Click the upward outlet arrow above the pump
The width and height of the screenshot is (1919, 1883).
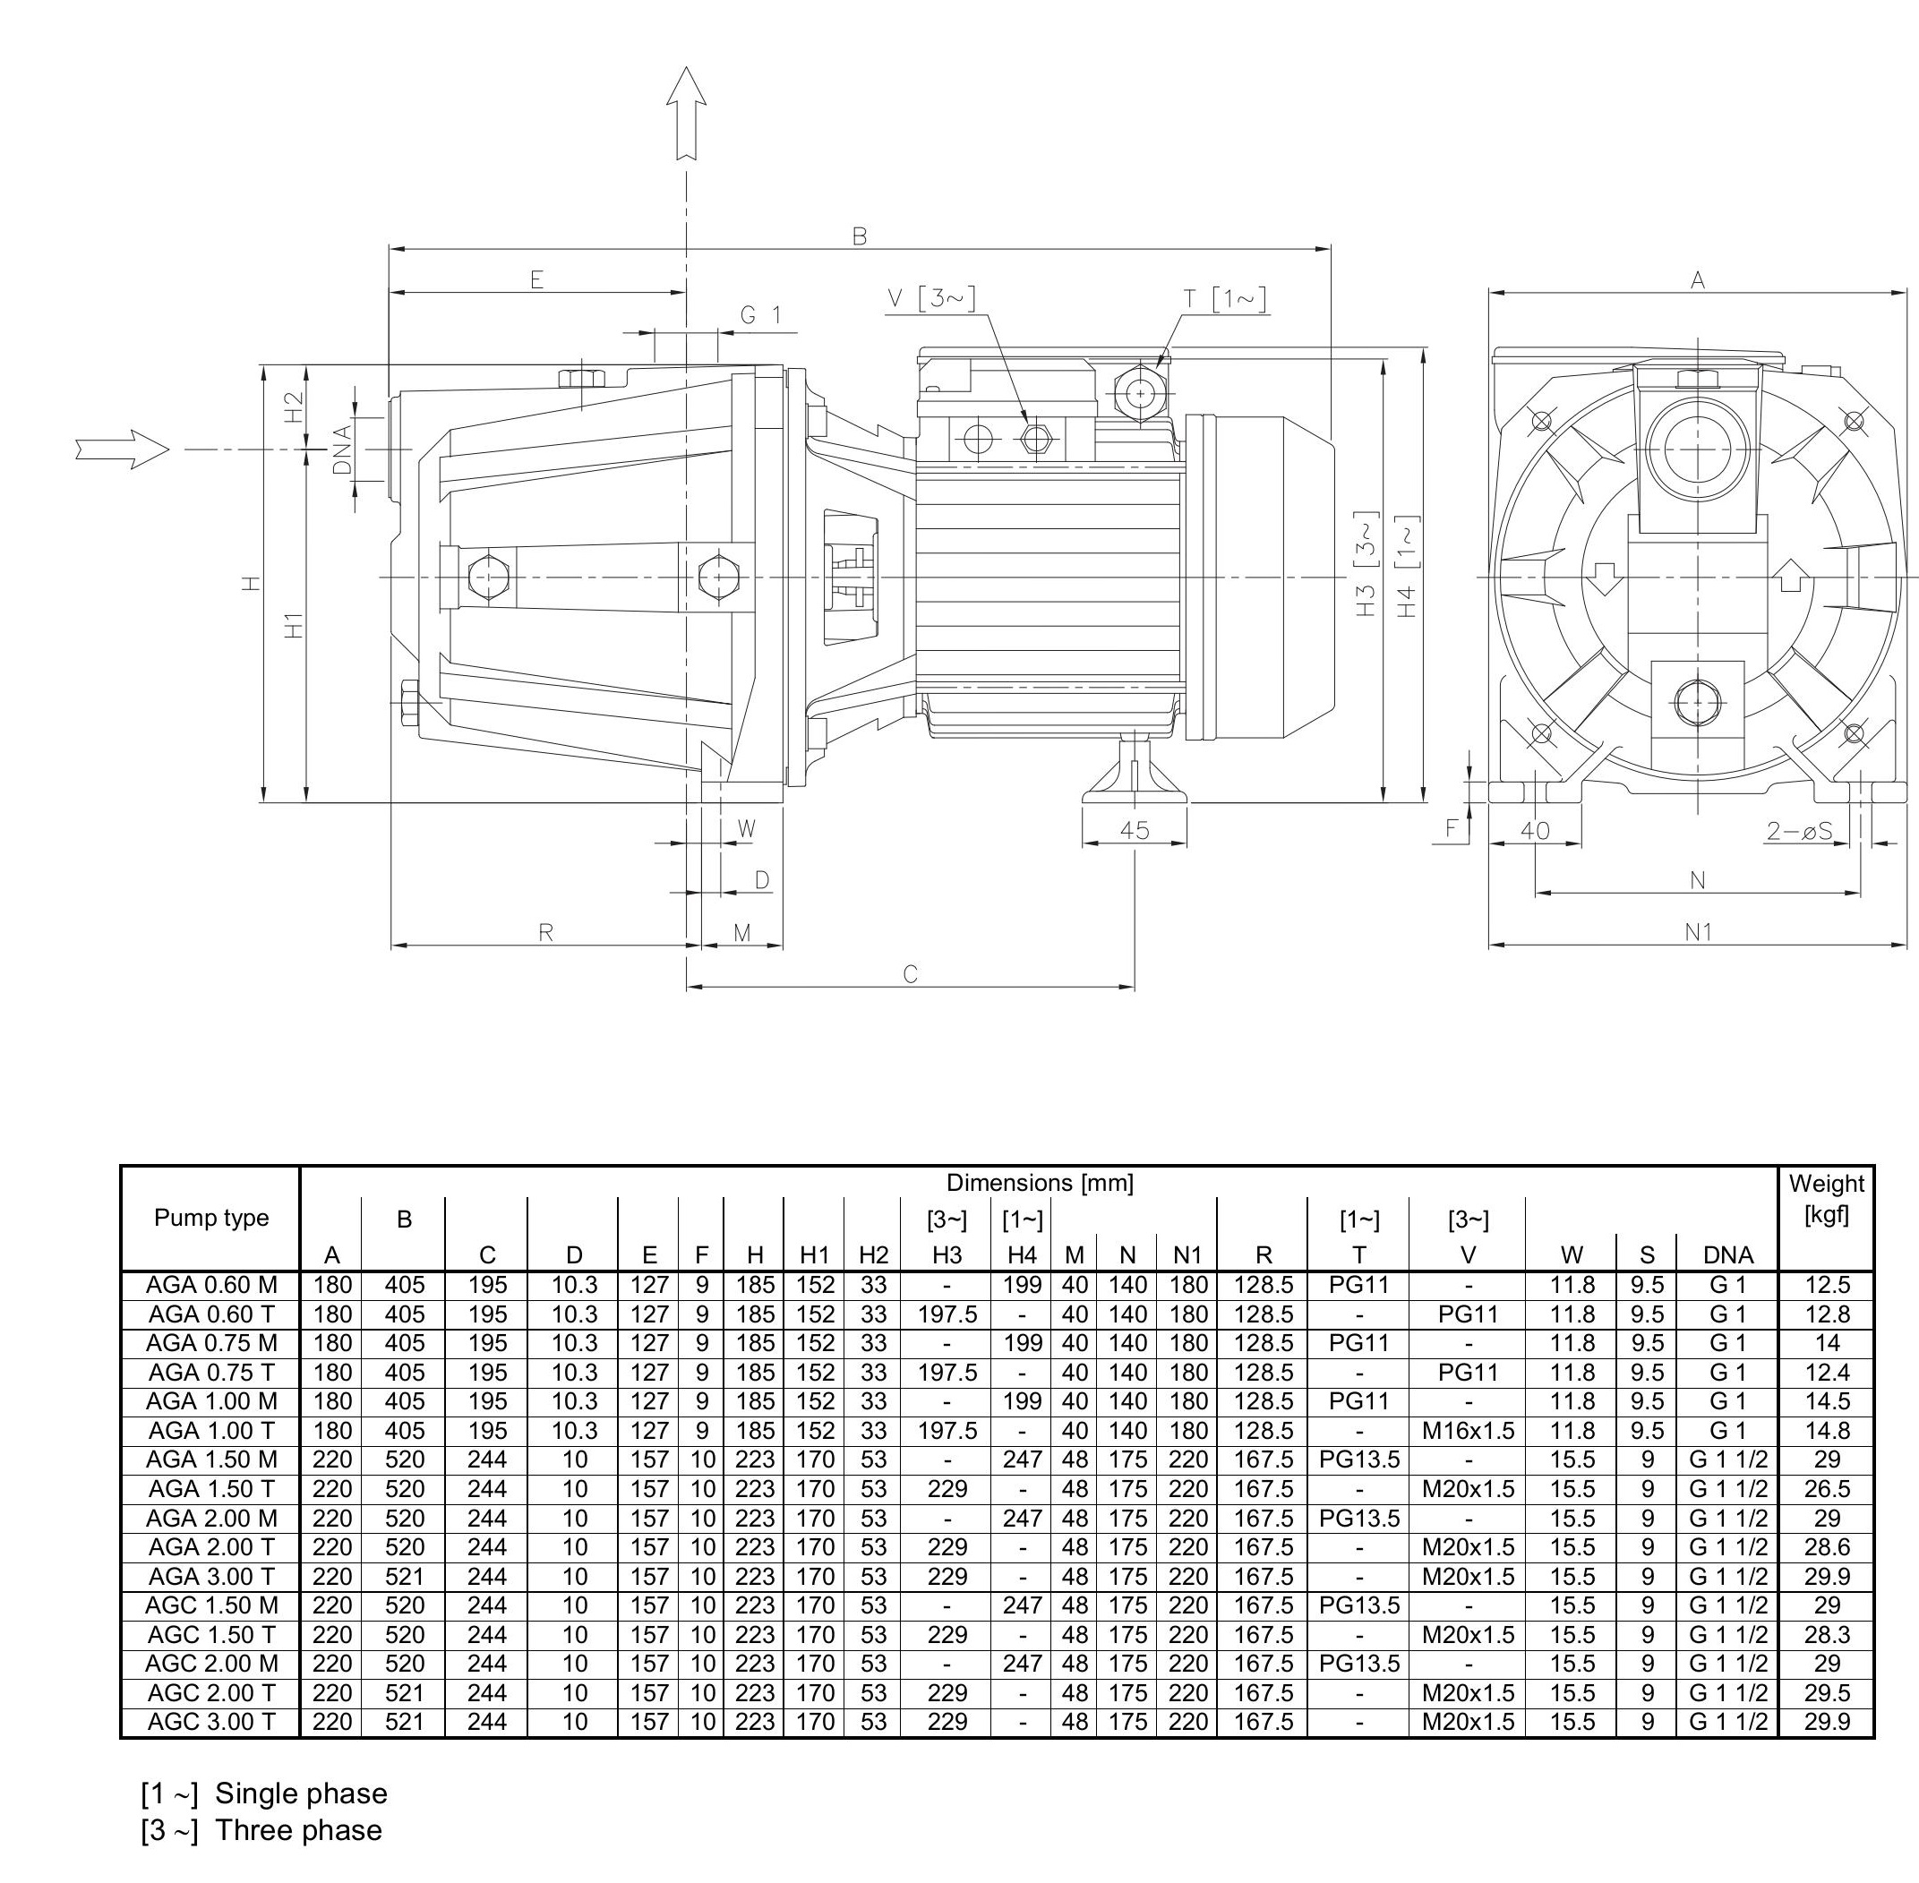click(x=686, y=111)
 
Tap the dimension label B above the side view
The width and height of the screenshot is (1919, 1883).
click(x=860, y=235)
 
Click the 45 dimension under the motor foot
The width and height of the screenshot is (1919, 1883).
click(x=1135, y=830)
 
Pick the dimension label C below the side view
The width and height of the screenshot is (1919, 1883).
click(x=910, y=974)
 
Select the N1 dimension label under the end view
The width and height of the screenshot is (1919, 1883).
click(x=1698, y=931)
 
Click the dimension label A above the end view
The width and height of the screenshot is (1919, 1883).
click(x=1698, y=280)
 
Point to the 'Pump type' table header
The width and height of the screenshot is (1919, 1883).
click(x=210, y=1218)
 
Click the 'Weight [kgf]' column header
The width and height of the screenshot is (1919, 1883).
click(x=1826, y=1198)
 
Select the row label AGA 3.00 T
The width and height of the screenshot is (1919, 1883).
click(x=210, y=1577)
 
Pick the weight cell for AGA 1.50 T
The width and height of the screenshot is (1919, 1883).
click(x=1826, y=1488)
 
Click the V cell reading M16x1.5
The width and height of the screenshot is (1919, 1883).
click(x=1468, y=1430)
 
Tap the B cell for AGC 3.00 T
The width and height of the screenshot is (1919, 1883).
click(x=404, y=1722)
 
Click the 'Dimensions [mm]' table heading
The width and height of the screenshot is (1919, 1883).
click(x=1039, y=1182)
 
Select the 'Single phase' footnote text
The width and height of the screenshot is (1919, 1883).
click(x=301, y=1793)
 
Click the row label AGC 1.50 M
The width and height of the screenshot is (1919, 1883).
click(x=210, y=1605)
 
